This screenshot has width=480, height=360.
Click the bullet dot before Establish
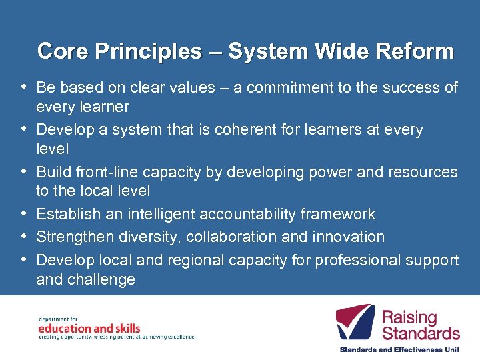[x=24, y=213]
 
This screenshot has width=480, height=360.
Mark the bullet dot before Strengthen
[x=24, y=236]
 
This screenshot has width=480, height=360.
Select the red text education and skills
[x=89, y=328]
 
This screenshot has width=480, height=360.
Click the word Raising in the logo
[x=409, y=317]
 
